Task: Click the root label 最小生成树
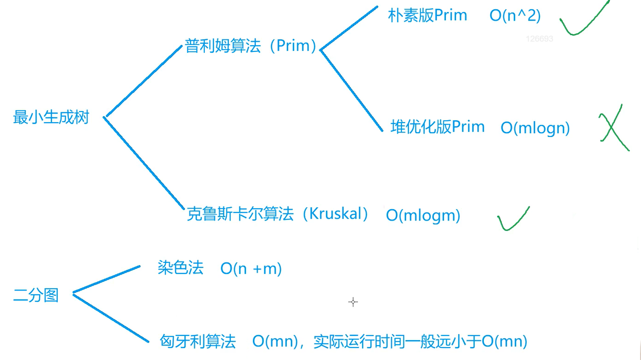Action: [x=51, y=118]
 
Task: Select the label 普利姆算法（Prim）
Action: [x=250, y=46]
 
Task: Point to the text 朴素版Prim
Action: [x=427, y=16]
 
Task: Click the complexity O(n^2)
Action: [x=515, y=16]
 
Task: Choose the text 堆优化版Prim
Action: [x=438, y=127]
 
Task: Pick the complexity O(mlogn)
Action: [x=535, y=128]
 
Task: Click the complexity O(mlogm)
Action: [x=423, y=215]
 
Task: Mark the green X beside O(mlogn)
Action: [x=614, y=127]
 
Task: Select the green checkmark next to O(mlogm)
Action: [x=512, y=219]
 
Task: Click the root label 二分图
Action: [x=36, y=295]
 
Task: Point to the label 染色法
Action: [x=180, y=268]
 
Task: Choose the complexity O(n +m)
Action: [x=251, y=269]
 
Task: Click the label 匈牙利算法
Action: [x=197, y=342]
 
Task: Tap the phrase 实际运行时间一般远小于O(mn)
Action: [x=420, y=342]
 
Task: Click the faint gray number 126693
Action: [x=539, y=39]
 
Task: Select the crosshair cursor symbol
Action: [x=353, y=302]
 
